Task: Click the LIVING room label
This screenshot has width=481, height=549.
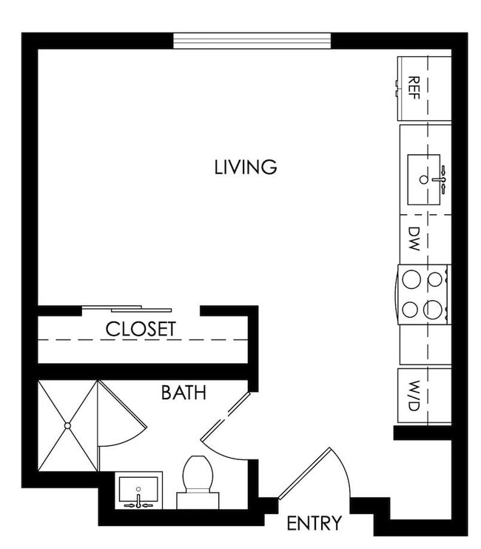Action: pyautogui.click(x=246, y=167)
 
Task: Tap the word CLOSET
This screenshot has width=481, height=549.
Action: pyautogui.click(x=141, y=329)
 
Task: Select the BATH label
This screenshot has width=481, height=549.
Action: pyautogui.click(x=184, y=392)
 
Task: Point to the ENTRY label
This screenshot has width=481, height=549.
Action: pyautogui.click(x=314, y=523)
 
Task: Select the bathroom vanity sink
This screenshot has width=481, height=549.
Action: pyautogui.click(x=138, y=490)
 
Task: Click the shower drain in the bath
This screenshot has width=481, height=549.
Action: pyautogui.click(x=67, y=425)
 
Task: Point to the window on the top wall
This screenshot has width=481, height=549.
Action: pyautogui.click(x=252, y=41)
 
